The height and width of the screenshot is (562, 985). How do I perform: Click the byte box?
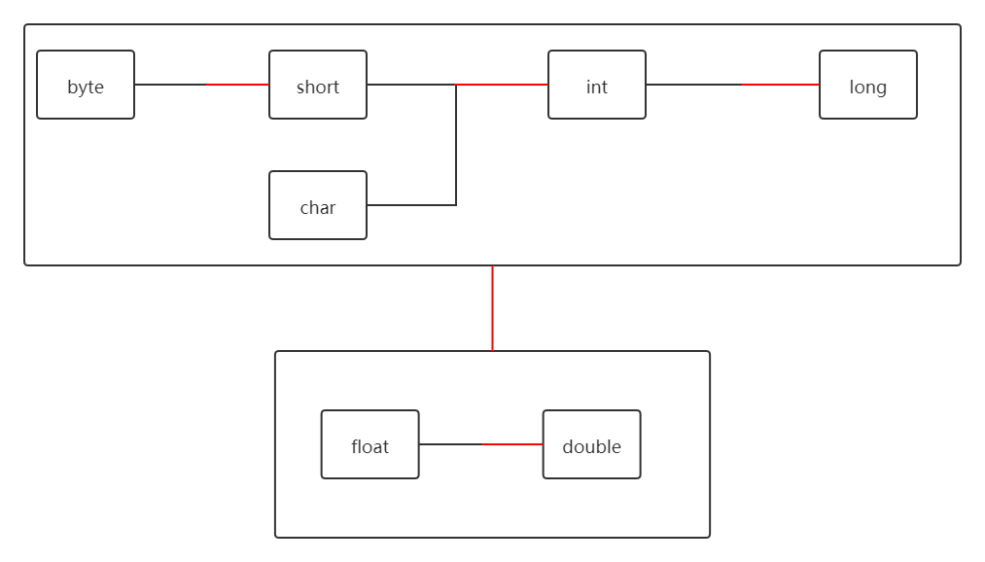86,85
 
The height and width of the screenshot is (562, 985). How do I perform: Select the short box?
318,85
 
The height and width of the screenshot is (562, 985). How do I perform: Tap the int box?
597,85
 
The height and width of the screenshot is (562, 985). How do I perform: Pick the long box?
868,85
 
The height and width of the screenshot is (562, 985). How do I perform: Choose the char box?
318,205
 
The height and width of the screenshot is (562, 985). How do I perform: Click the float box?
370,444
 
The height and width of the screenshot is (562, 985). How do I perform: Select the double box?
592,444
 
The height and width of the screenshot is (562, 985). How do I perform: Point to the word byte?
86,88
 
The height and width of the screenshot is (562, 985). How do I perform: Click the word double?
592,447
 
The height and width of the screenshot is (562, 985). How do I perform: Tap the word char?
318,208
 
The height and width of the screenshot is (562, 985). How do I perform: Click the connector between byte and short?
201,85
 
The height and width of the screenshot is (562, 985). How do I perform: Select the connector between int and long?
732,85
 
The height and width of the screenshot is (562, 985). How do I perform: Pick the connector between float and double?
480,444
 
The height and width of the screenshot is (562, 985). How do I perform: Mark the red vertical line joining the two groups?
493,308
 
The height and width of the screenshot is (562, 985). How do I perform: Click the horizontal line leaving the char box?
410,205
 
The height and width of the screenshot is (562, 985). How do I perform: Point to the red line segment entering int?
503,85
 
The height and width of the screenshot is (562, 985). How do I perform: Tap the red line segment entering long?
781,85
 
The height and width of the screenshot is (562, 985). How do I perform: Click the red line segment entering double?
512,444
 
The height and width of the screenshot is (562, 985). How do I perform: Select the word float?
370,447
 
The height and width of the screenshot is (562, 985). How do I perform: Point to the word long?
868,88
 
